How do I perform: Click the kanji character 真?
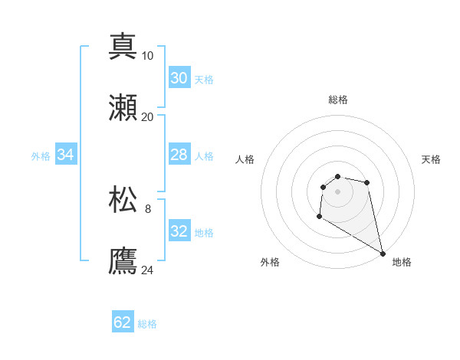click(123, 47)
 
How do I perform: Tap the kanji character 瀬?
click(123, 108)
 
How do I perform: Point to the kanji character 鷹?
click(123, 261)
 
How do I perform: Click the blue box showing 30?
click(179, 78)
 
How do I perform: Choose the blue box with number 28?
click(179, 155)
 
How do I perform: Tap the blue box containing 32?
click(179, 231)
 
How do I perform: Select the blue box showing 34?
click(65, 155)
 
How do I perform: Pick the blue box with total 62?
click(123, 322)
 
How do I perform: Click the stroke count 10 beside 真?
click(148, 56)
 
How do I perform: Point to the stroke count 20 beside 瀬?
click(148, 117)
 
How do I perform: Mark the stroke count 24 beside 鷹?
click(148, 270)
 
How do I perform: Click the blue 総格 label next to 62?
click(147, 324)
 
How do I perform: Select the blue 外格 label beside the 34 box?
click(41, 156)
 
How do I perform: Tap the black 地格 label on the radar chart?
click(402, 262)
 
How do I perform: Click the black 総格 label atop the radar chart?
click(338, 100)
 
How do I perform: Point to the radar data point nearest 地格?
click(383, 254)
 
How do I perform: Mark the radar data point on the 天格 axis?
click(367, 182)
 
